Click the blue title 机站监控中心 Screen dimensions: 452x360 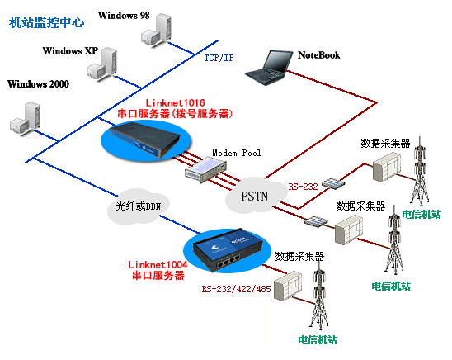click(46, 22)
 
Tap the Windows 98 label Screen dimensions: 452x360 click(124, 16)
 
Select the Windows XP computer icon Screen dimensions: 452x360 click(102, 64)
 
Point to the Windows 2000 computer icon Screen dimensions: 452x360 click(26, 117)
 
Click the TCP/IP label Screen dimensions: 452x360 click(219, 58)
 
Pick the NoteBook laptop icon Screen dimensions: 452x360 click(269, 68)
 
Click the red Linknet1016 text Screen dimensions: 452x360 click(175, 102)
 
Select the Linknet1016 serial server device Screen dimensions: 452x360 click(145, 140)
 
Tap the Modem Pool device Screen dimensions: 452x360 click(205, 168)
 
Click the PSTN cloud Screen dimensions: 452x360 click(256, 196)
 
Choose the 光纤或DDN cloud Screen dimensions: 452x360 click(138, 206)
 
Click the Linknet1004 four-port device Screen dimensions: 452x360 click(228, 250)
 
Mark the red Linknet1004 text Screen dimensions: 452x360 click(158, 264)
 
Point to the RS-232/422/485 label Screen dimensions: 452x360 click(236, 289)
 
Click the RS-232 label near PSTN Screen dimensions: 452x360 click(303, 187)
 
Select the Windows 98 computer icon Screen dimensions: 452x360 click(157, 30)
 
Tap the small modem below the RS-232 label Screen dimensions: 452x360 click(333, 183)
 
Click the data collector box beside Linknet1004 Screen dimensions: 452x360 click(288, 286)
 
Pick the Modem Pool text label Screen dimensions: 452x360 click(237, 153)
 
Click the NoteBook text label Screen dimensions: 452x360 click(319, 55)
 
